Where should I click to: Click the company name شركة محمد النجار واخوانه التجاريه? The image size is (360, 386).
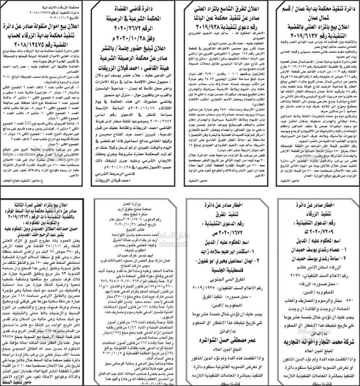(316, 341)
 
